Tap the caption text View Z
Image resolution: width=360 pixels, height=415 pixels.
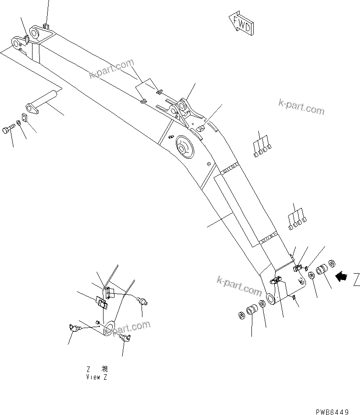pyautogui.click(x=97, y=377)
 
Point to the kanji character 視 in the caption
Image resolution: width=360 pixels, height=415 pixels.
pyautogui.click(x=104, y=369)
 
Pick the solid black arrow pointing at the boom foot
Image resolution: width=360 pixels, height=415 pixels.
pyautogui.click(x=341, y=276)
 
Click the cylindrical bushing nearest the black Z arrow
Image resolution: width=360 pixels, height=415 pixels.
pyautogui.click(x=321, y=269)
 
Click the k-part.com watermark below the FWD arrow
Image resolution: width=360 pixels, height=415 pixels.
pyautogui.click(x=301, y=107)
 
